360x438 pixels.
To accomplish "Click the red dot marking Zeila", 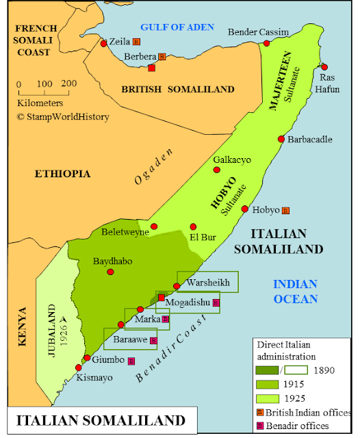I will point(103,44).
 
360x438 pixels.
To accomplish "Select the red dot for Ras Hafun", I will point(324,67).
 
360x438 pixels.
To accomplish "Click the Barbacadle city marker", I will point(281,139).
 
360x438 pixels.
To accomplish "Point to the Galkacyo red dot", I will point(217,170).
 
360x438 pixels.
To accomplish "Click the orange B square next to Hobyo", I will point(285,210).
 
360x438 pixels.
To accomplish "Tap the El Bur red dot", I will point(193,227).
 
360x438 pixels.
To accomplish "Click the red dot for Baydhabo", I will point(110,272).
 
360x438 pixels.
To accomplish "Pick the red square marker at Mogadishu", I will point(162,297).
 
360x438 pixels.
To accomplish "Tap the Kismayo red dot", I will point(78,368).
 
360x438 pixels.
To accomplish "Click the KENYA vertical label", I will point(22,328).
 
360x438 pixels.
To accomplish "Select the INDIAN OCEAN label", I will point(295,292).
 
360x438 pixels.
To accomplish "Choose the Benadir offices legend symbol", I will point(260,426).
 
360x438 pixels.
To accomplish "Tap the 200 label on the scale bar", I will point(68,83).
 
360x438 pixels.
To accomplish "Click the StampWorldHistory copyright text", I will point(62,117).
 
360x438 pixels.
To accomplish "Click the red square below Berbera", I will point(151,68).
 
